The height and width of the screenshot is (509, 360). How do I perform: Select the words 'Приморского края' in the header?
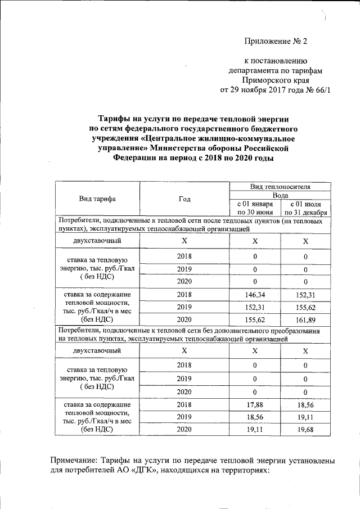pyautogui.click(x=277, y=80)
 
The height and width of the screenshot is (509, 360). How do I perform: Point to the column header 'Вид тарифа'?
pyautogui.click(x=97, y=199)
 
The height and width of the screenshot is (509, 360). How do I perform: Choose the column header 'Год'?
pyautogui.click(x=184, y=199)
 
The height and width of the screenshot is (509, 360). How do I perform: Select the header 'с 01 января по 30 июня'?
pyautogui.click(x=255, y=208)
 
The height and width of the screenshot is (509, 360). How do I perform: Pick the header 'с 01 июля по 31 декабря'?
pyautogui.click(x=305, y=208)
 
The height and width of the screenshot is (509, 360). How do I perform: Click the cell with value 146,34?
pyautogui.click(x=255, y=294)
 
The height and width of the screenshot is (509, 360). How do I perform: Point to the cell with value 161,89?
pyautogui.click(x=305, y=319)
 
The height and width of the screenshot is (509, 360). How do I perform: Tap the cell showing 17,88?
pyautogui.click(x=255, y=404)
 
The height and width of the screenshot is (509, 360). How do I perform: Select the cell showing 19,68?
pyautogui.click(x=305, y=429)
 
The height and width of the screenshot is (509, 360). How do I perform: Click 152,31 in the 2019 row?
pyautogui.click(x=255, y=307)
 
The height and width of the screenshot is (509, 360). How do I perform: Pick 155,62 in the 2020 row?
pyautogui.click(x=255, y=319)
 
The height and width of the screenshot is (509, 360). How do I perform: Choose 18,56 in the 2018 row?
pyautogui.click(x=305, y=404)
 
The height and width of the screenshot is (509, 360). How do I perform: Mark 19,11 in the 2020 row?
pyautogui.click(x=255, y=429)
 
